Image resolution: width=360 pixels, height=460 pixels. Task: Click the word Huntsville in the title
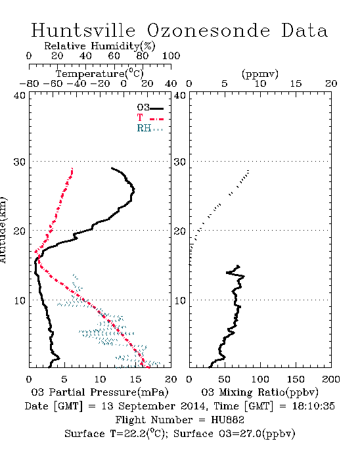(x=83, y=30)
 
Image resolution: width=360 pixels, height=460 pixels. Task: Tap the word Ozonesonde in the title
(x=208, y=30)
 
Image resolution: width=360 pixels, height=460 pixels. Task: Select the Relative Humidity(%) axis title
(x=100, y=46)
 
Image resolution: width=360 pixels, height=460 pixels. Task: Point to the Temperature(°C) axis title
(x=100, y=74)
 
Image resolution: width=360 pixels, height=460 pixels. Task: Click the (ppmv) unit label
(x=260, y=74)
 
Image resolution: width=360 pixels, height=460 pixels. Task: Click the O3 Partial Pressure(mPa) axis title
(x=100, y=392)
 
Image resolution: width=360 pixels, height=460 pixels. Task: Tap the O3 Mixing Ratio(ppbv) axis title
(x=259, y=392)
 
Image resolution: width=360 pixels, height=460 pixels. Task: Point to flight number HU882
(x=228, y=420)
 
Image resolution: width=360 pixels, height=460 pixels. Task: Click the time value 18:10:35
(x=313, y=406)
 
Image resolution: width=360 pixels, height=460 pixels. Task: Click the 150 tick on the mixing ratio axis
(x=296, y=379)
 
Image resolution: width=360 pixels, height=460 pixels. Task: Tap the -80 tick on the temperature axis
(x=29, y=84)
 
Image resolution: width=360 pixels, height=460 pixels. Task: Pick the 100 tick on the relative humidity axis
(x=171, y=56)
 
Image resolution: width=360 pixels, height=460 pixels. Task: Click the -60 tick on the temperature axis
(x=53, y=84)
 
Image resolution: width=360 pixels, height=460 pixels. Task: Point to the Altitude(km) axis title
(x=3, y=230)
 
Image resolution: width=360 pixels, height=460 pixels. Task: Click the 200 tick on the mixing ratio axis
(x=331, y=379)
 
